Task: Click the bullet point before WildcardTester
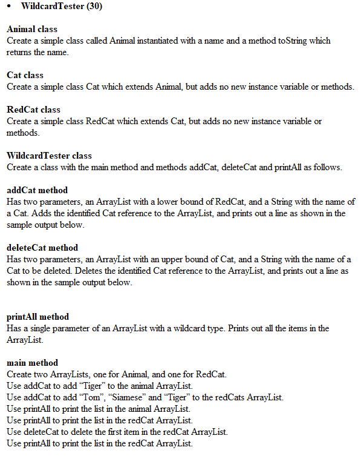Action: click(x=10, y=7)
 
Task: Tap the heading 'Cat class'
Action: click(x=25, y=75)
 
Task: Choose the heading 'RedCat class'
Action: click(x=33, y=110)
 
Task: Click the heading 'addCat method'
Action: click(x=37, y=190)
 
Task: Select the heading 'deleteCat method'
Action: click(x=42, y=248)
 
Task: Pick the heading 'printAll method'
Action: click(x=38, y=317)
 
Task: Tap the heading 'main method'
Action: click(x=32, y=363)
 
